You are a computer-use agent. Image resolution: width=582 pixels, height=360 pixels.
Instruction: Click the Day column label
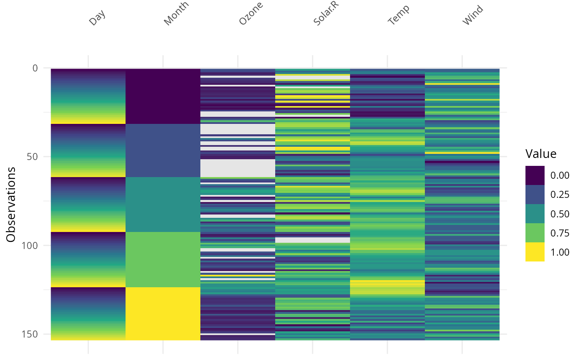[x=97, y=18]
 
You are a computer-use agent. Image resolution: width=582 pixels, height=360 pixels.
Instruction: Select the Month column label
[x=176, y=14]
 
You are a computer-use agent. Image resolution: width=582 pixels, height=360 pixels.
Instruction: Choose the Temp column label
[x=398, y=15]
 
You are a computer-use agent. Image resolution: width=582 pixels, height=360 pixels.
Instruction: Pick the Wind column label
[x=473, y=15]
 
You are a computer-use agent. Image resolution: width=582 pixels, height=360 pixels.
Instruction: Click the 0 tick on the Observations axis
[x=35, y=68]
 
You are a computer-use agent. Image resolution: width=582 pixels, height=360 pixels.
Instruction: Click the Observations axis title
[x=11, y=204]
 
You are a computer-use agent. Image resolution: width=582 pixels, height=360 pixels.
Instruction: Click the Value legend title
[x=541, y=154]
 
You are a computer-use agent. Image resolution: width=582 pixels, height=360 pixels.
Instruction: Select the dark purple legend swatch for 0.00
[x=535, y=175]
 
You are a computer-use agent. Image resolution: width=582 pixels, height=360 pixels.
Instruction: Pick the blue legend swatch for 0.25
[x=535, y=195]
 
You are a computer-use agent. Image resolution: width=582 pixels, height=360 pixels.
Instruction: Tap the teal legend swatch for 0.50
[x=535, y=214]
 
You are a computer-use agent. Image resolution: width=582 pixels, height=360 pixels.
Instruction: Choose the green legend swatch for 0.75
[x=535, y=233]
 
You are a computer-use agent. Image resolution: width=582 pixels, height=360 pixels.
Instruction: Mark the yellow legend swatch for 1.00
[x=535, y=252]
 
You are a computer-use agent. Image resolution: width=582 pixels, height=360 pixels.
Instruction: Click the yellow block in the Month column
[x=163, y=313]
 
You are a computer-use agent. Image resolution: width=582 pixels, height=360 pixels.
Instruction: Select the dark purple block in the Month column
[x=163, y=96]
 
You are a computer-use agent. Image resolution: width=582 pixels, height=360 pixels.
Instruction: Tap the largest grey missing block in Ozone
[x=238, y=168]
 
